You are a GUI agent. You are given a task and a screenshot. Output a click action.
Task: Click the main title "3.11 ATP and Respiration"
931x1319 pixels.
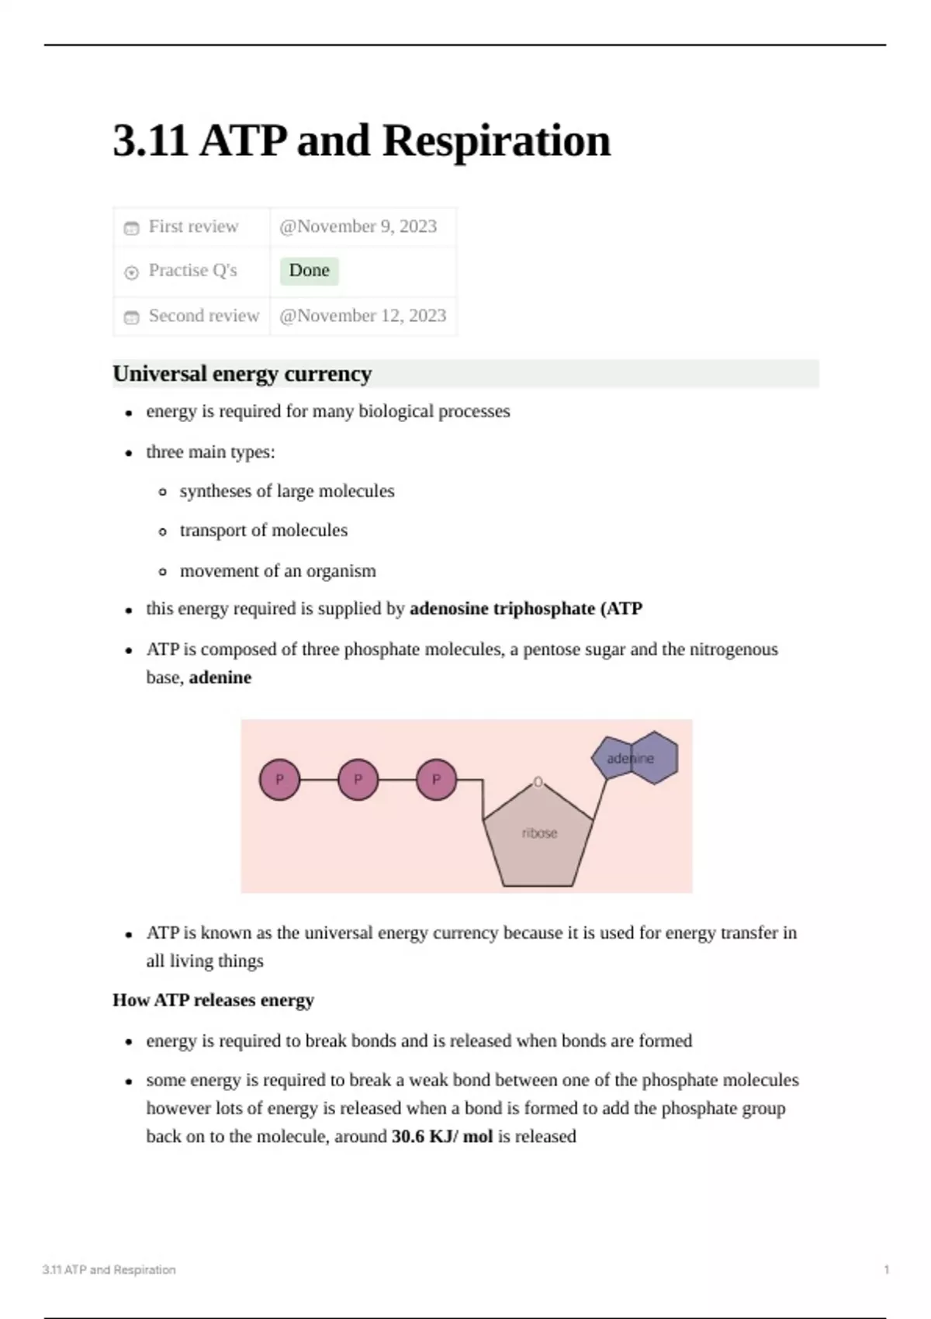[362, 141]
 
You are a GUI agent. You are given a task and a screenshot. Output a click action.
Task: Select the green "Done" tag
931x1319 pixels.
[309, 271]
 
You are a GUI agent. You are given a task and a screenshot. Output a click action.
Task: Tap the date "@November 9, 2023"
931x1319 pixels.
[358, 227]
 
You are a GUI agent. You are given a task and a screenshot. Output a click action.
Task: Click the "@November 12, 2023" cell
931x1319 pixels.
[362, 316]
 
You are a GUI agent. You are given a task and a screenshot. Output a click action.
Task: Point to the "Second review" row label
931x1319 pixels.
[203, 316]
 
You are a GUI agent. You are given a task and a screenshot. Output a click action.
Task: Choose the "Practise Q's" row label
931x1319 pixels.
[192, 271]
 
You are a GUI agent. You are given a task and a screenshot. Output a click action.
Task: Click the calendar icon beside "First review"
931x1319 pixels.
[132, 228]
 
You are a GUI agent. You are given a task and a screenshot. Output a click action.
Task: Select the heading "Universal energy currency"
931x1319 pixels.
[242, 374]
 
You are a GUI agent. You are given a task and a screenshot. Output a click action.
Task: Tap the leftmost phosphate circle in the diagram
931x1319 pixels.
[279, 780]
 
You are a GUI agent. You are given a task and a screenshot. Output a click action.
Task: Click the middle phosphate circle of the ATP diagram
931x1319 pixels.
[358, 780]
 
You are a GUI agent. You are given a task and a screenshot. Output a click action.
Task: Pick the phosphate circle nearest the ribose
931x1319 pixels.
[436, 780]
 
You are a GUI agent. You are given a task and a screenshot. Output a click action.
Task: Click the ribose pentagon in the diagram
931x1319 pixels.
[538, 838]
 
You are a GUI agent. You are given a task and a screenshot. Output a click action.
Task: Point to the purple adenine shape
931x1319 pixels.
[635, 758]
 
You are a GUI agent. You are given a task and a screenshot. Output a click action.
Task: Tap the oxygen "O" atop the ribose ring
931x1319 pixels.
[538, 782]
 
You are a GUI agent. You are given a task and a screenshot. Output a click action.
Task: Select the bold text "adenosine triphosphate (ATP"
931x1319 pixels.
[525, 609]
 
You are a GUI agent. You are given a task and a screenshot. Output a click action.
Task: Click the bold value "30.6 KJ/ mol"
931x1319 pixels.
[442, 1137]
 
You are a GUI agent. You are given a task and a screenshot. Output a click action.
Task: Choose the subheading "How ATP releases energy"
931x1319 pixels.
[213, 1000]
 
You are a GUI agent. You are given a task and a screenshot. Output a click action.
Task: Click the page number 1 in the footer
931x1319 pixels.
[886, 1270]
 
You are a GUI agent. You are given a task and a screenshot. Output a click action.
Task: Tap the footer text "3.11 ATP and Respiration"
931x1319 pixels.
[109, 1270]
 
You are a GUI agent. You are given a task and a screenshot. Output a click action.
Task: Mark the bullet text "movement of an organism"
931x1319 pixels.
[278, 571]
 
